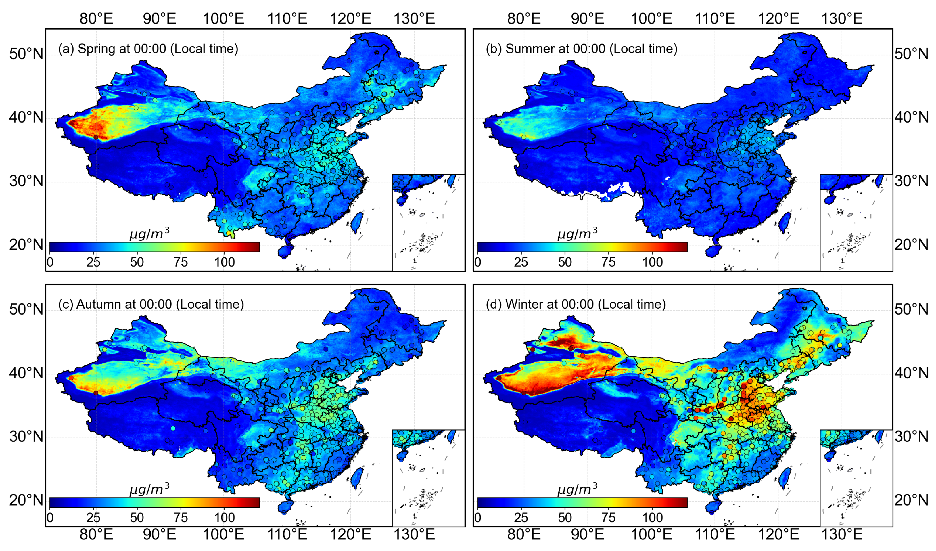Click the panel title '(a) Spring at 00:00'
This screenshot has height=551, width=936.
(148, 49)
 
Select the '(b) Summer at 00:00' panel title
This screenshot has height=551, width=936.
(581, 49)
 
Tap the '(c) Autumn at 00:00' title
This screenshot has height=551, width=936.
(151, 304)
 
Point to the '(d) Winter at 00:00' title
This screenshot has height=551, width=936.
(576, 304)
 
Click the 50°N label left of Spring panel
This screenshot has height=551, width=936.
(26, 54)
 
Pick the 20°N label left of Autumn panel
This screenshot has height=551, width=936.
(26, 500)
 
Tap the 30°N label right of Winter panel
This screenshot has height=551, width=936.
(911, 437)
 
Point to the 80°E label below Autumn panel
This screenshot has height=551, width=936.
(96, 535)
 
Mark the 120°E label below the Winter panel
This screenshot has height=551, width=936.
(778, 535)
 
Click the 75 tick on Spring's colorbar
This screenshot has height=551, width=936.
(181, 262)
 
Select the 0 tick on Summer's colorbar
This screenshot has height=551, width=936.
(478, 262)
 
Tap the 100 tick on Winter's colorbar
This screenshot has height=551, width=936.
(652, 518)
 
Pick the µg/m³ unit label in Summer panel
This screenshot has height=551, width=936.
(577, 233)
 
